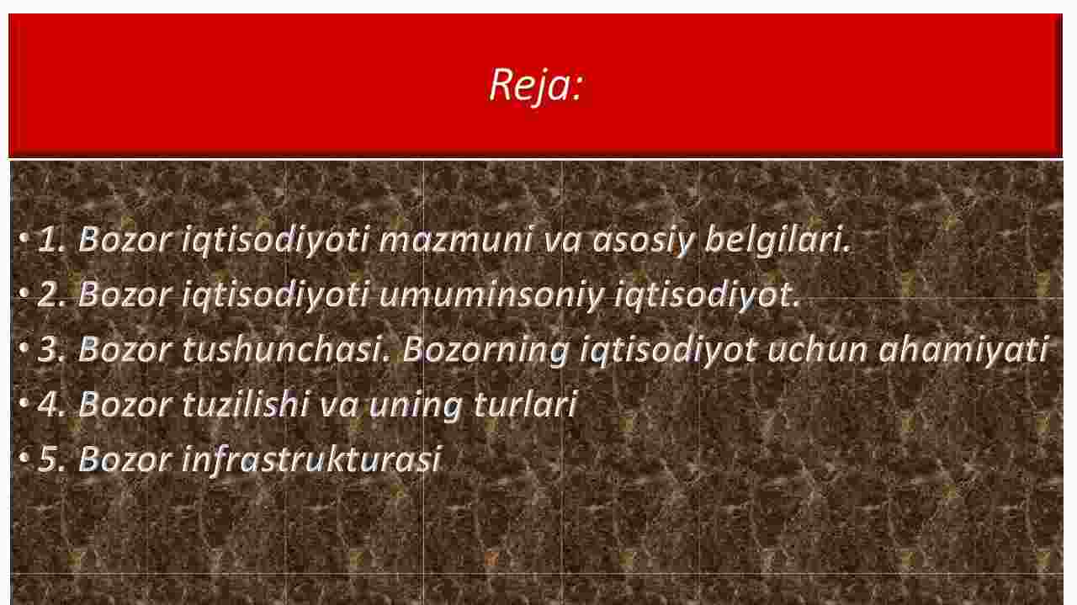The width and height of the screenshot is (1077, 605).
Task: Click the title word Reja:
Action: pos(536,86)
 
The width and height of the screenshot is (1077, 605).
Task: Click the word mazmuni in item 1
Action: pos(456,240)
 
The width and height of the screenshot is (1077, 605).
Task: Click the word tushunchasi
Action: pos(287,350)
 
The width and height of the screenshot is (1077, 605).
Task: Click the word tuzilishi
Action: pos(245,405)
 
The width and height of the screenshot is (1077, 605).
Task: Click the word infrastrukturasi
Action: pos(311,459)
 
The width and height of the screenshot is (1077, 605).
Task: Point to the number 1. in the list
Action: pos(52,240)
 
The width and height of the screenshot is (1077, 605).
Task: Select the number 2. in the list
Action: pos(52,295)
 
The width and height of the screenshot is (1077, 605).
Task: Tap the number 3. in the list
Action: pos(52,350)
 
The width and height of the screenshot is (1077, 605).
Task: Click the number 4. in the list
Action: pos(52,405)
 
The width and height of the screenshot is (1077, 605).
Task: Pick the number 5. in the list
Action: pos(52,459)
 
